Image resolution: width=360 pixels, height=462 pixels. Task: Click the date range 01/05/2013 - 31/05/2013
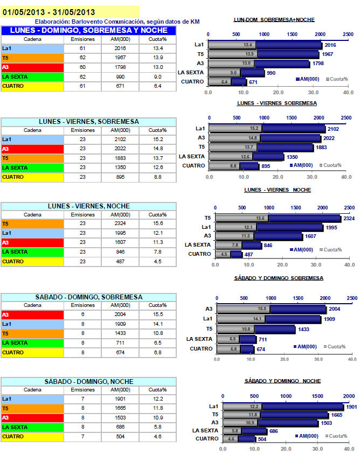[x=49, y=12]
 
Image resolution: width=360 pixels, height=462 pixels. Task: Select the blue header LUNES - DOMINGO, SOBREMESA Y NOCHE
[x=88, y=30]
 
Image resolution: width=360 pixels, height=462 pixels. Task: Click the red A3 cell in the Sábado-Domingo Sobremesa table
[x=32, y=314]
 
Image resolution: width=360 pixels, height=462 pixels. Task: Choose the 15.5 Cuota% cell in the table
[x=157, y=314]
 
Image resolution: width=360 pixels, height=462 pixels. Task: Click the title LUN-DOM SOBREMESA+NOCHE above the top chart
[x=274, y=19]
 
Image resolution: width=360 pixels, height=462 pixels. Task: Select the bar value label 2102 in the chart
[x=334, y=129]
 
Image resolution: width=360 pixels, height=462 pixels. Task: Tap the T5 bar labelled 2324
[x=304, y=218]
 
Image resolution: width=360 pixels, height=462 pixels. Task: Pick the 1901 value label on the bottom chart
[x=351, y=407]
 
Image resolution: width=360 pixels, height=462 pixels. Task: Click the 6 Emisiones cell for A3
[x=82, y=314]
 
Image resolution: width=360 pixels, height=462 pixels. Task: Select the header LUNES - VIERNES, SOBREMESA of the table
[x=88, y=122]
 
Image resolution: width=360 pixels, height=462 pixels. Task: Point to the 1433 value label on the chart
[x=304, y=329]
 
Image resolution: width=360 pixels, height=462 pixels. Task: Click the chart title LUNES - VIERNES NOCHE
[x=278, y=190]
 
